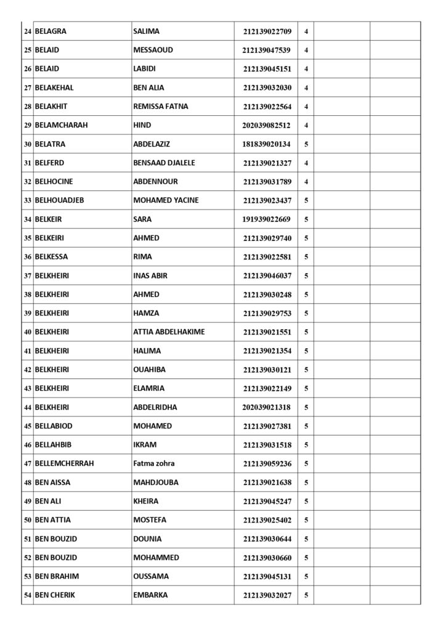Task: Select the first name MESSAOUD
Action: point(153,50)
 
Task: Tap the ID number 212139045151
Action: point(267,69)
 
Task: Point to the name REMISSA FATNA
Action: point(161,106)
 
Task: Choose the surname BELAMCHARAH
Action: point(62,125)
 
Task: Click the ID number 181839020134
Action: point(267,144)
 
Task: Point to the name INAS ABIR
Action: point(150,275)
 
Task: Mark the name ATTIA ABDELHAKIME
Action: point(169,332)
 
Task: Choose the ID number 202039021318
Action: point(267,407)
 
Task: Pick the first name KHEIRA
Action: point(146,501)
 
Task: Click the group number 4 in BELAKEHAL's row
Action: point(306,88)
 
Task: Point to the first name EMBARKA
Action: point(150,595)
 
